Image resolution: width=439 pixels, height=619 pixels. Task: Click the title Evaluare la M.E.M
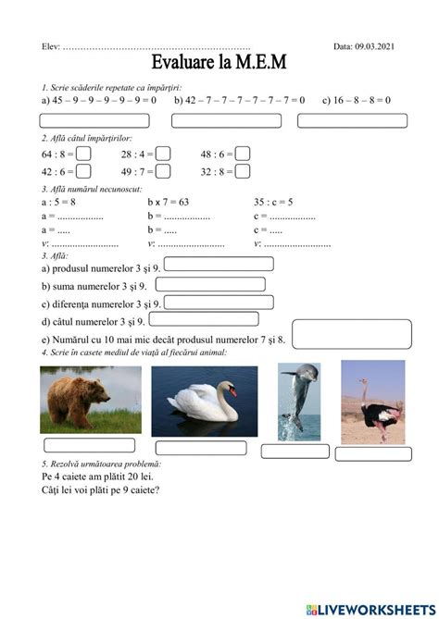coord(219,62)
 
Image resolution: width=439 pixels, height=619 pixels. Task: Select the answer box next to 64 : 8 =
coord(83,155)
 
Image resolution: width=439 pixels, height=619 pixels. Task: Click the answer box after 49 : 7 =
coord(162,171)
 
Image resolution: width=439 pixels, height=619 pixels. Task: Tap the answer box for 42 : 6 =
coord(83,171)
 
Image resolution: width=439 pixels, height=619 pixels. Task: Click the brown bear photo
coord(91,400)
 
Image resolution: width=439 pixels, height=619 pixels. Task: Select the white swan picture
coord(205,401)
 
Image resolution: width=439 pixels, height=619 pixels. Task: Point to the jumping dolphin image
coord(299,401)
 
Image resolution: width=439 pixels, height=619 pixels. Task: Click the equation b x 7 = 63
coord(169,201)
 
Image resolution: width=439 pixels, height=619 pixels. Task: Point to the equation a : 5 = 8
coord(58,201)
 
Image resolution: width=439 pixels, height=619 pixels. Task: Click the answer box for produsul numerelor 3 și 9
coord(218,264)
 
